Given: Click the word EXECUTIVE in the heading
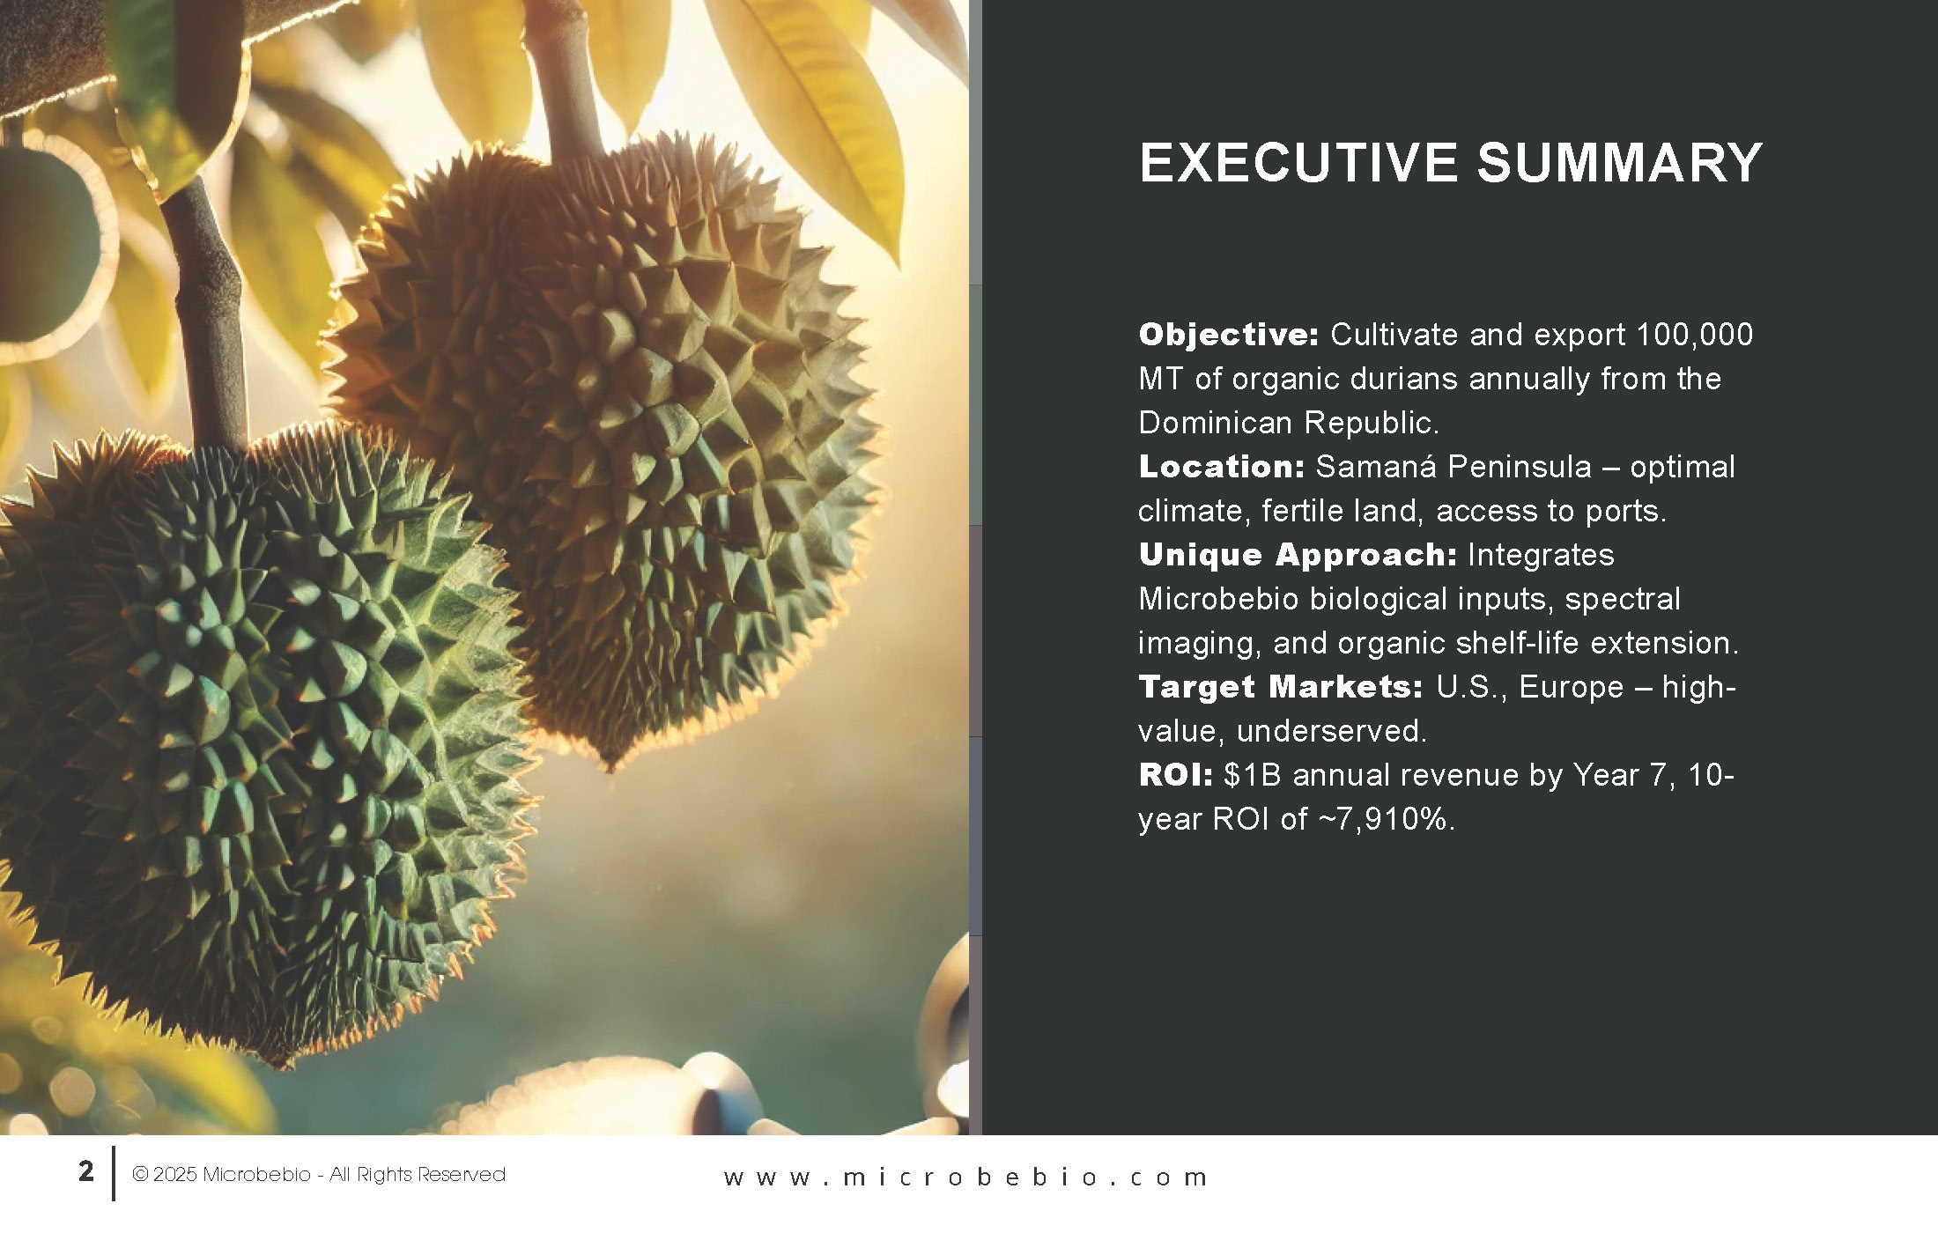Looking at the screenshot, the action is pyautogui.click(x=1298, y=163).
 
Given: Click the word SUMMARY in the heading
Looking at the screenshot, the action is pyautogui.click(x=1620, y=163).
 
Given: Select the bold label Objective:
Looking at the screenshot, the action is pyautogui.click(x=1228, y=336).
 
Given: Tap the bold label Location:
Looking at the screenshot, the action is pyautogui.click(x=1221, y=467).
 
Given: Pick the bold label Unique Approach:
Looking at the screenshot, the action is pyautogui.click(x=1298, y=556).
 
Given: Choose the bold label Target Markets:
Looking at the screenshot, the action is pyautogui.click(x=1280, y=687).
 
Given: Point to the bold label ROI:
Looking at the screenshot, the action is pyautogui.click(x=1175, y=775).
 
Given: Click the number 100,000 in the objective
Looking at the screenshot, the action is pyautogui.click(x=1694, y=336).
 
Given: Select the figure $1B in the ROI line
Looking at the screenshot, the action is pyautogui.click(x=1253, y=775).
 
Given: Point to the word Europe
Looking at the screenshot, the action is pyautogui.click(x=1572, y=687).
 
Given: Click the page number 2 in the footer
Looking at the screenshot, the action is pyautogui.click(x=85, y=1171).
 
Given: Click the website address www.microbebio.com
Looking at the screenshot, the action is pyautogui.click(x=965, y=1178).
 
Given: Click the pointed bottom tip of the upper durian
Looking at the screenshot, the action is pyautogui.click(x=610, y=766).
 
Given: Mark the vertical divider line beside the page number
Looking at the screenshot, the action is pyautogui.click(x=113, y=1173).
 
